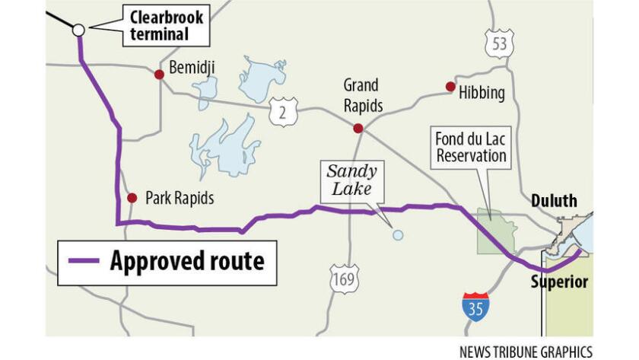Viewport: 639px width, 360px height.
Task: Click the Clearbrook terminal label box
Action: click(159, 25)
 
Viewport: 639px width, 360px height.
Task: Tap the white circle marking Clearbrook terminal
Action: click(78, 30)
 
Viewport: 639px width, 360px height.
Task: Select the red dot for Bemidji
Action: click(159, 75)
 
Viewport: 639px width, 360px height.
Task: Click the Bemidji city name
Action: click(191, 68)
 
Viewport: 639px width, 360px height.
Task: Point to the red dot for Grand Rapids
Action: click(358, 129)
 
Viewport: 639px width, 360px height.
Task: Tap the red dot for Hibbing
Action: click(450, 87)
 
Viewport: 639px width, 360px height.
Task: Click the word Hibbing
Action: click(482, 93)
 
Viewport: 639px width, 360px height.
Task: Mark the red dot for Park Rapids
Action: click(132, 198)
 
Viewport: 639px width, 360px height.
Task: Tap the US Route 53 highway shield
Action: click(499, 43)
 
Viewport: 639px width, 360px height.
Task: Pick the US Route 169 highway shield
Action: click(344, 279)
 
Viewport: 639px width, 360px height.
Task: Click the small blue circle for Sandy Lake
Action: click(397, 235)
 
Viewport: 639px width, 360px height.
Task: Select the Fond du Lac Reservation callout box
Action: click(470, 147)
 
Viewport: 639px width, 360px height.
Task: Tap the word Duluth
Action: click(554, 202)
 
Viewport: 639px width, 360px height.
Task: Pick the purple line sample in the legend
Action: click(84, 261)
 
